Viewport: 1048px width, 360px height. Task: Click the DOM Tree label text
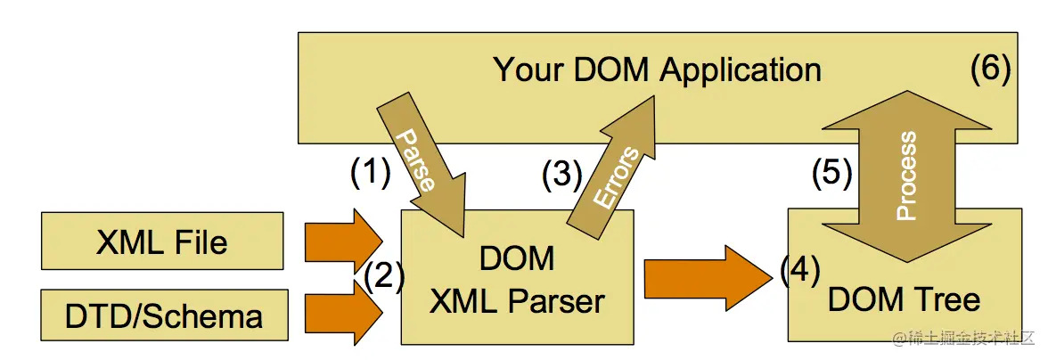point(904,299)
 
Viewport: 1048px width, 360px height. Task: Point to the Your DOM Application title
point(657,70)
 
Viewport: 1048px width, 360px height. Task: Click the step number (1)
point(370,172)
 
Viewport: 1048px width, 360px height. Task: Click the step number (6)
point(990,70)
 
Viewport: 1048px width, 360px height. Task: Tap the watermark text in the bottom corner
point(966,340)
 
